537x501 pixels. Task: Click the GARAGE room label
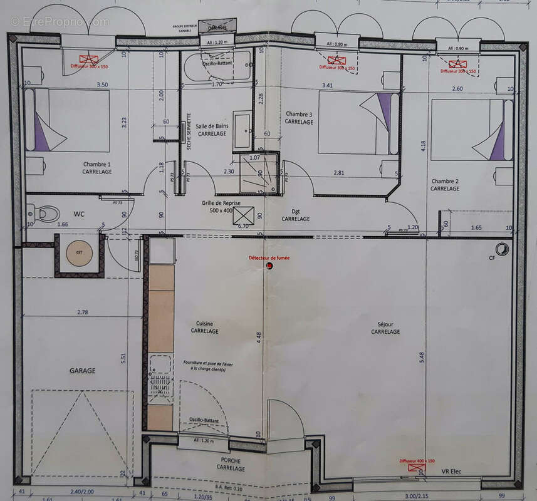(x=82, y=371)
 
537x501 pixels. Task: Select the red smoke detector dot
(x=269, y=266)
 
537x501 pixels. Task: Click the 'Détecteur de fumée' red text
(x=269, y=257)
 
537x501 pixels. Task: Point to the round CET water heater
(x=80, y=253)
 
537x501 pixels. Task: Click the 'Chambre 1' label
(x=96, y=165)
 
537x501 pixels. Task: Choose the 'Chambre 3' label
(x=299, y=114)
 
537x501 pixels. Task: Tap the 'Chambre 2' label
(x=445, y=181)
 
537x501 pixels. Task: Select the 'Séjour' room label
(x=385, y=324)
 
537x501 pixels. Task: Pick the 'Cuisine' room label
(x=204, y=323)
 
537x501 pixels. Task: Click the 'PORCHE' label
(x=231, y=460)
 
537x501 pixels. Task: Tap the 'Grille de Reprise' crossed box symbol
(x=243, y=214)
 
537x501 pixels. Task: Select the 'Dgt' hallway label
(x=295, y=212)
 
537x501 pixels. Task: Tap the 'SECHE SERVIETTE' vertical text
(x=189, y=131)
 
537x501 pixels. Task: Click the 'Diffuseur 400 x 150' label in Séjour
(x=417, y=460)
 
